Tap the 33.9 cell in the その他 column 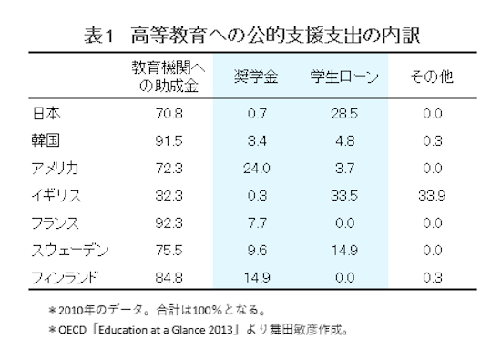click(x=433, y=195)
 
